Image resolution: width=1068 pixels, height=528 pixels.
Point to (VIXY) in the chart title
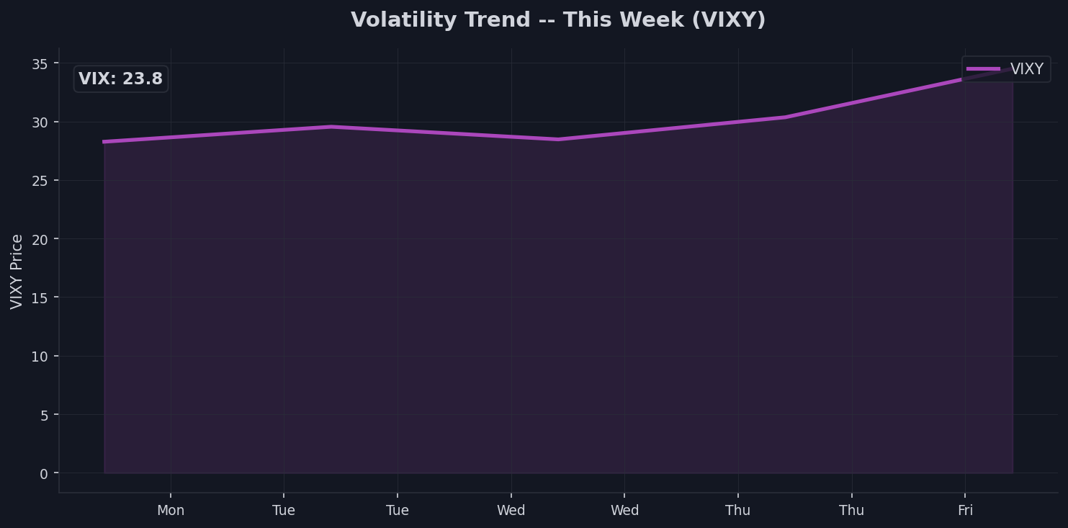tap(729, 20)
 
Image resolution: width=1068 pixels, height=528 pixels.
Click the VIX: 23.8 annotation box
tap(121, 79)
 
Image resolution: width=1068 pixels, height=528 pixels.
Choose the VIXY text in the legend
tap(1026, 69)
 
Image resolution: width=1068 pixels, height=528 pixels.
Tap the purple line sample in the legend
tap(983, 69)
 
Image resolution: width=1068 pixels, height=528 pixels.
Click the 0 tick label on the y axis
tap(45, 473)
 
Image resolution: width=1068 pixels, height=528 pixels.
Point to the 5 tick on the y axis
tap(45, 415)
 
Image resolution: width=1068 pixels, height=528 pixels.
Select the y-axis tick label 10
tap(40, 357)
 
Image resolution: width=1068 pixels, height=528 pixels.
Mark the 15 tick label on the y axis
tap(40, 297)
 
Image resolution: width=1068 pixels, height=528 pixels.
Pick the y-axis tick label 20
tap(40, 239)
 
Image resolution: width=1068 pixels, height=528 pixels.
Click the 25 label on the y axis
tap(40, 181)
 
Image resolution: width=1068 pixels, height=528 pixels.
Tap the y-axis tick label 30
tap(40, 122)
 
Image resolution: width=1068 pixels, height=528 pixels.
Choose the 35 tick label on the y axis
tap(40, 64)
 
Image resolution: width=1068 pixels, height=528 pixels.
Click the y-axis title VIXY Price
tap(17, 271)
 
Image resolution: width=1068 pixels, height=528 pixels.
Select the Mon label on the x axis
tap(171, 511)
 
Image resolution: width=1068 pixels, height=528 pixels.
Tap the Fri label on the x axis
tap(965, 511)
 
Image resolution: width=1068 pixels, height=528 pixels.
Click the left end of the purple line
tap(105, 142)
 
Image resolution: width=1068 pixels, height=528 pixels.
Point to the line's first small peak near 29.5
tap(331, 127)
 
